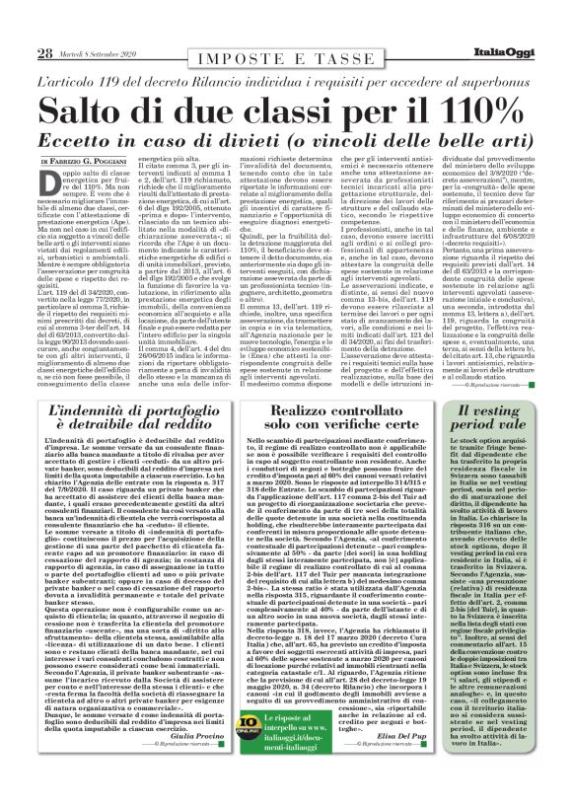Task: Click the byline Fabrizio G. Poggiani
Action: (x=98, y=160)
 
